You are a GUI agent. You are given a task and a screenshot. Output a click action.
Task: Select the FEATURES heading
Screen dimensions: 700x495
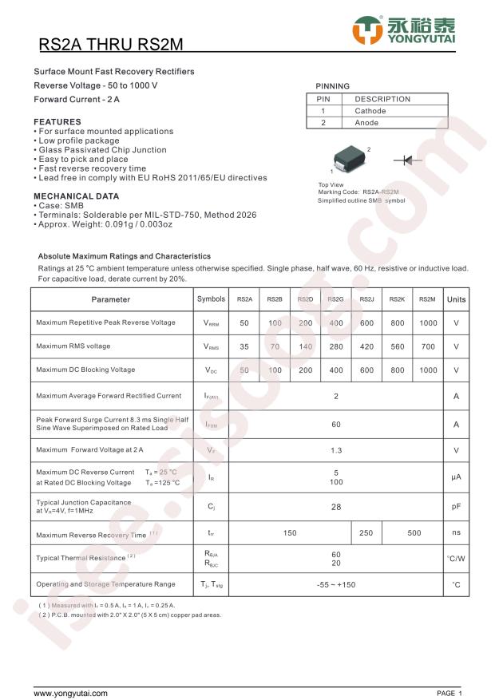(x=57, y=122)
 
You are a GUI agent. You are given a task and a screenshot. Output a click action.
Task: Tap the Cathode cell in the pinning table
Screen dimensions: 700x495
(x=370, y=111)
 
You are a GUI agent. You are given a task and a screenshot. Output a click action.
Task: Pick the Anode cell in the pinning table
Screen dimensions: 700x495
(x=367, y=123)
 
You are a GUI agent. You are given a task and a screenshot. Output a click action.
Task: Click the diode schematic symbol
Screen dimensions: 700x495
(x=408, y=160)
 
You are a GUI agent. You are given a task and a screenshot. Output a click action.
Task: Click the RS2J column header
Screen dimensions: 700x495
(x=366, y=299)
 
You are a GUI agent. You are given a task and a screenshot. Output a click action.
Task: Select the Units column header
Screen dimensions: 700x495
(x=456, y=299)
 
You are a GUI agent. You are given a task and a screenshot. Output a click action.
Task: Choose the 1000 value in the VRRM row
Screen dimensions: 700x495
(x=428, y=323)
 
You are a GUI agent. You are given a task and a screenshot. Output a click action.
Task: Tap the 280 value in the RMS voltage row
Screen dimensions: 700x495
(x=336, y=346)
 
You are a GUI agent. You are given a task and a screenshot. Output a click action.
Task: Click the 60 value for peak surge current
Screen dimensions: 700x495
(x=336, y=424)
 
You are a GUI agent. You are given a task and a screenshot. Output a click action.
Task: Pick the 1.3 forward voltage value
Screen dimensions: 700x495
(x=336, y=450)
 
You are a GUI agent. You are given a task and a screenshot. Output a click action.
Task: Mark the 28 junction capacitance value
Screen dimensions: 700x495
(x=336, y=506)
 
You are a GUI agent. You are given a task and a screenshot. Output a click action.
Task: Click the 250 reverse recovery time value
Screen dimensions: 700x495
(x=366, y=533)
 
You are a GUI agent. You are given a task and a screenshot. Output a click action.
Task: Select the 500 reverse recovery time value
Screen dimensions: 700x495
(x=414, y=533)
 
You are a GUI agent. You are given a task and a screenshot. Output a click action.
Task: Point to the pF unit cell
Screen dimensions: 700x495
(x=456, y=506)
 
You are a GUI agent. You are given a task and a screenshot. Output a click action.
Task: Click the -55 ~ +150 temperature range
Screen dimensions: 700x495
(x=336, y=585)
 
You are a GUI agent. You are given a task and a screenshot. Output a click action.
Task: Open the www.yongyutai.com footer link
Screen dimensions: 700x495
(x=70, y=693)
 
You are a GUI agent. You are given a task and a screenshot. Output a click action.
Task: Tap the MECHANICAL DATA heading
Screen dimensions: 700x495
(x=77, y=196)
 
